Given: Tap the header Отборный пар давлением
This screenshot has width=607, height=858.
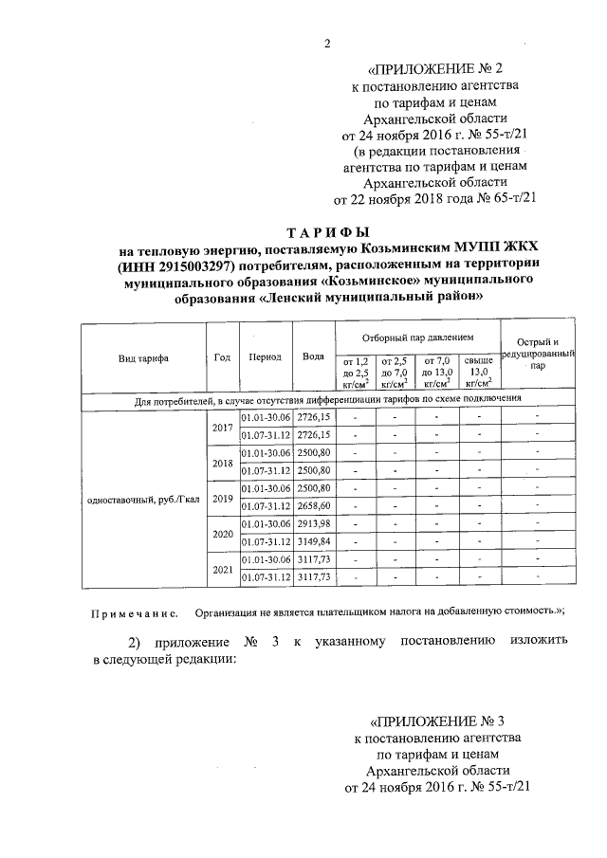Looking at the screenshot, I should (x=416, y=338).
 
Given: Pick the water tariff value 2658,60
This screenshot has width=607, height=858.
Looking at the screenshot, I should (x=313, y=506).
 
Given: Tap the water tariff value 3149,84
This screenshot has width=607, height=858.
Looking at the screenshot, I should (x=313, y=541).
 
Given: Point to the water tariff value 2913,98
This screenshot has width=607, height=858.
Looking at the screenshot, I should (x=313, y=524).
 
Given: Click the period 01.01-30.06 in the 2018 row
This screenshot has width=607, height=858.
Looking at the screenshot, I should (x=265, y=453).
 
